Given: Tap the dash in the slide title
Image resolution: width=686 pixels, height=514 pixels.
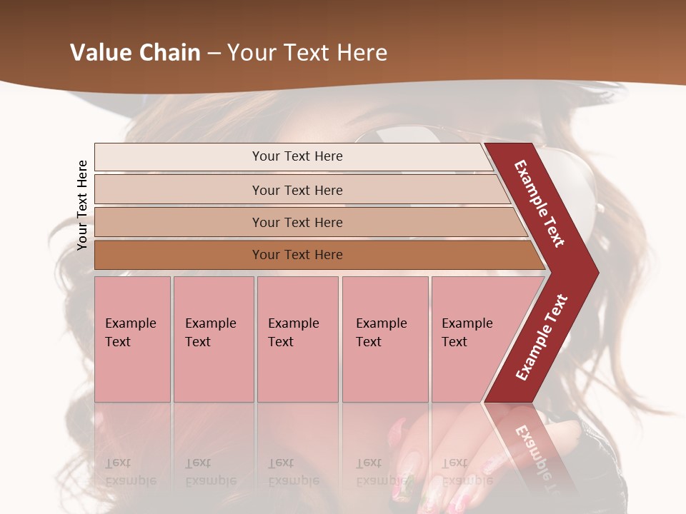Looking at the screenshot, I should (214, 54).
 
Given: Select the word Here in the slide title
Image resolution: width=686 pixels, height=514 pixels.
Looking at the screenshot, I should (362, 53).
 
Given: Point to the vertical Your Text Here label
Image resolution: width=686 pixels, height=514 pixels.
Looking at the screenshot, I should (82, 205).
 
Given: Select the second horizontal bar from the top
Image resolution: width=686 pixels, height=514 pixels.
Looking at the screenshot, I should (297, 190).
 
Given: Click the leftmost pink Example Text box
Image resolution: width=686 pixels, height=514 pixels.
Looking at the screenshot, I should (132, 339).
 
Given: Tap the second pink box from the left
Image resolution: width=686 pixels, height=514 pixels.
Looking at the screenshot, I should (213, 339).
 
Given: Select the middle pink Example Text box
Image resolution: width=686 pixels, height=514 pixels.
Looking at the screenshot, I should (297, 339).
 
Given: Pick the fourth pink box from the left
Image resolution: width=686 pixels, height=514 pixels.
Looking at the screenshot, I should (384, 339).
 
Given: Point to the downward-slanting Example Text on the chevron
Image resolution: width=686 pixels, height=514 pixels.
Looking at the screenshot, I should (540, 203).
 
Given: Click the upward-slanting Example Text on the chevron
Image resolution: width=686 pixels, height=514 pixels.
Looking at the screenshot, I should (542, 337).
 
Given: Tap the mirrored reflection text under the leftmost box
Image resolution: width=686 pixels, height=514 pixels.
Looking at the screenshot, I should (130, 471).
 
